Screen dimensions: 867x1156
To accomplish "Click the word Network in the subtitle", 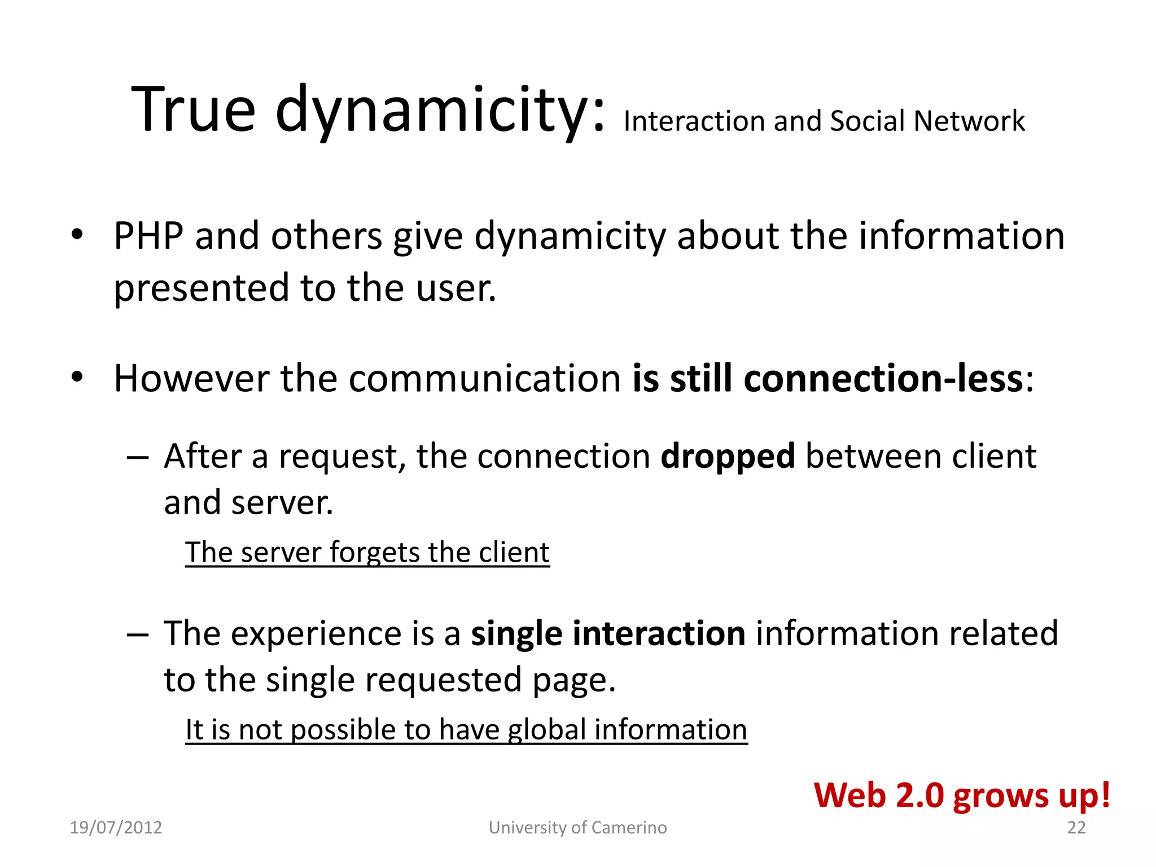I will [969, 121].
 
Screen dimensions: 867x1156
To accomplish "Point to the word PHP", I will [148, 236].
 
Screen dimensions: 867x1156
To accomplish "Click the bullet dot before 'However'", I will [77, 376].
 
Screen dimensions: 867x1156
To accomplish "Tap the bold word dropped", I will [728, 456].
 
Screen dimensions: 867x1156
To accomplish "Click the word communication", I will [485, 378].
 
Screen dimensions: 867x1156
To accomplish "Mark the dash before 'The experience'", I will [138, 633].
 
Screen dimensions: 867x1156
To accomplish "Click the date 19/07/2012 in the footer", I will [116, 827].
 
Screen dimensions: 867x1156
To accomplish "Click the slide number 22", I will [1076, 827].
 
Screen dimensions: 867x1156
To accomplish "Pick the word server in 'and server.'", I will [282, 502].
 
